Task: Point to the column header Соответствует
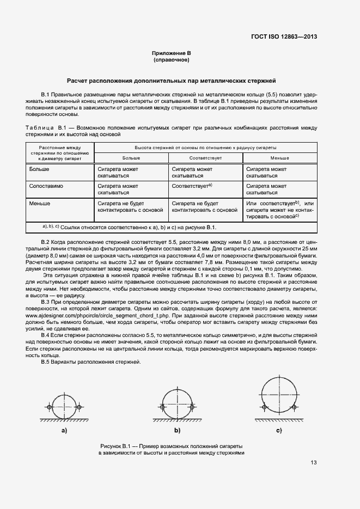205,158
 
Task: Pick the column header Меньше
280,158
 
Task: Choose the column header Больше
131,158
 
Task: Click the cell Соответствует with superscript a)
191,186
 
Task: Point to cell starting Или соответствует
280,210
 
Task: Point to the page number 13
313,463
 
